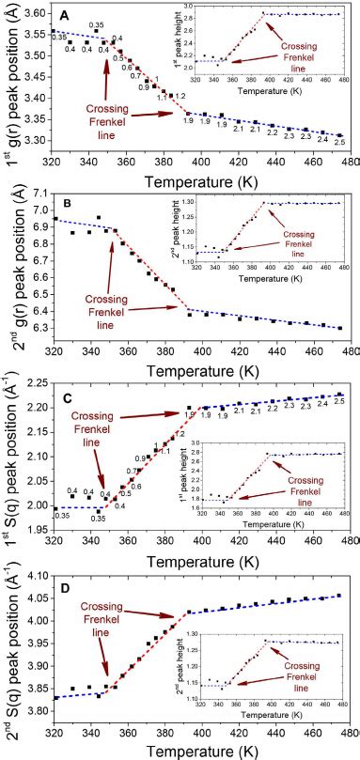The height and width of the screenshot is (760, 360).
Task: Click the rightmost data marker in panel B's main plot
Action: (x=339, y=328)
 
